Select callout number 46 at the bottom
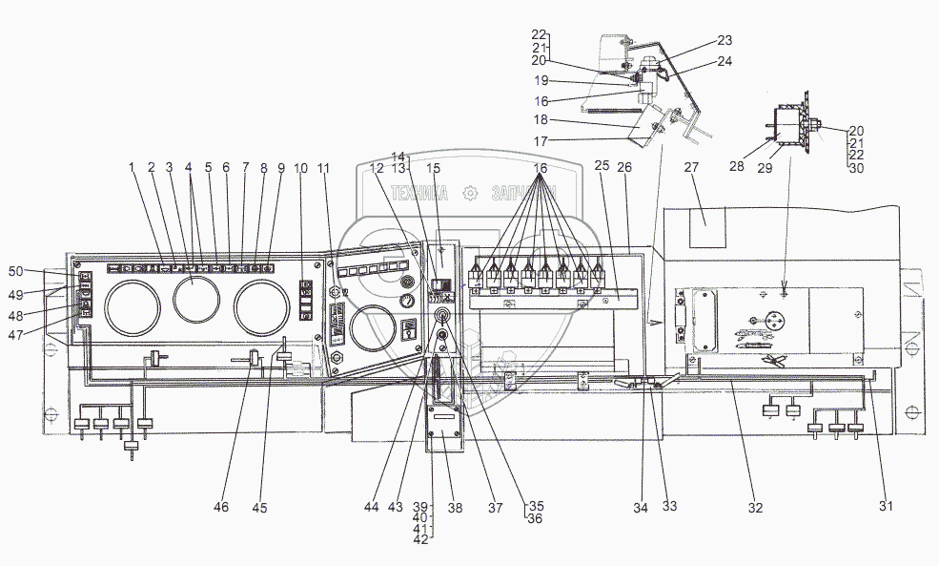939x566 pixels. coord(221,508)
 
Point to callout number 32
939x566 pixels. coord(755,508)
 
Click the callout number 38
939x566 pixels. coord(456,508)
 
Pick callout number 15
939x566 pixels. coord(434,168)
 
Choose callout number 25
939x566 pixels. coord(602,167)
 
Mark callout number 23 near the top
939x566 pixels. coord(725,41)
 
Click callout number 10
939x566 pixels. coord(301,168)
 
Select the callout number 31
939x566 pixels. coord(886,506)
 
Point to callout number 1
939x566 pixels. coord(133,167)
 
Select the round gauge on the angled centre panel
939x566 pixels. coord(372,327)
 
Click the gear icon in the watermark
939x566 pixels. coord(468,193)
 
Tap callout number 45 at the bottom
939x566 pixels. coord(259,508)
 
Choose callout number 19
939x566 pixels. coord(541,81)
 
